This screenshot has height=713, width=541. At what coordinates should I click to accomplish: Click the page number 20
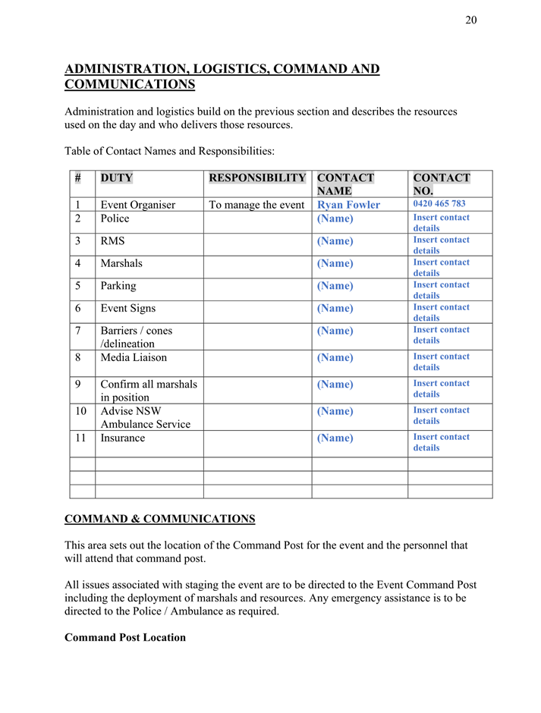pyautogui.click(x=470, y=20)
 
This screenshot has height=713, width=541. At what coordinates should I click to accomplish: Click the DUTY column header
pyautogui.click(x=116, y=178)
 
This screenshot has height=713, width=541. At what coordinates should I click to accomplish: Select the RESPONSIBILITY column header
pyautogui.click(x=257, y=178)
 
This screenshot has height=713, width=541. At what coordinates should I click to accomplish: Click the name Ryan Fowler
pyautogui.click(x=348, y=205)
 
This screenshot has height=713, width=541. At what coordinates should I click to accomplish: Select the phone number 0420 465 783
pyautogui.click(x=439, y=204)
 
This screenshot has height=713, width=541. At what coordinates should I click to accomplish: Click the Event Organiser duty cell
pyautogui.click(x=137, y=205)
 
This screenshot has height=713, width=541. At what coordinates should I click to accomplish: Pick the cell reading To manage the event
pyautogui.click(x=256, y=205)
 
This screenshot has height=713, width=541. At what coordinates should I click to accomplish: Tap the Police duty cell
pyautogui.click(x=115, y=218)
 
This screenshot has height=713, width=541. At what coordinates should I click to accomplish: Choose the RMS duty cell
pyautogui.click(x=112, y=241)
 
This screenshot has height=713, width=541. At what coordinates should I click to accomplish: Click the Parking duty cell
pyautogui.click(x=118, y=286)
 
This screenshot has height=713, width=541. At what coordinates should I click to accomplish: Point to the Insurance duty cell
pyautogui.click(x=122, y=438)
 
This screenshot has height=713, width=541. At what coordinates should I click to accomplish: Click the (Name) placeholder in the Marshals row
pyautogui.click(x=335, y=264)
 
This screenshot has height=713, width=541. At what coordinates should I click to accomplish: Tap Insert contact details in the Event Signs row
pyautogui.click(x=441, y=313)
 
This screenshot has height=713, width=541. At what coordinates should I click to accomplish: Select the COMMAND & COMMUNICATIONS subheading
pyautogui.click(x=159, y=519)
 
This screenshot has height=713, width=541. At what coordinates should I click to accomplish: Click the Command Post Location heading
pyautogui.click(x=125, y=637)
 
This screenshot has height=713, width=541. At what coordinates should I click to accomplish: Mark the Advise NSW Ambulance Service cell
pyautogui.click(x=145, y=417)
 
